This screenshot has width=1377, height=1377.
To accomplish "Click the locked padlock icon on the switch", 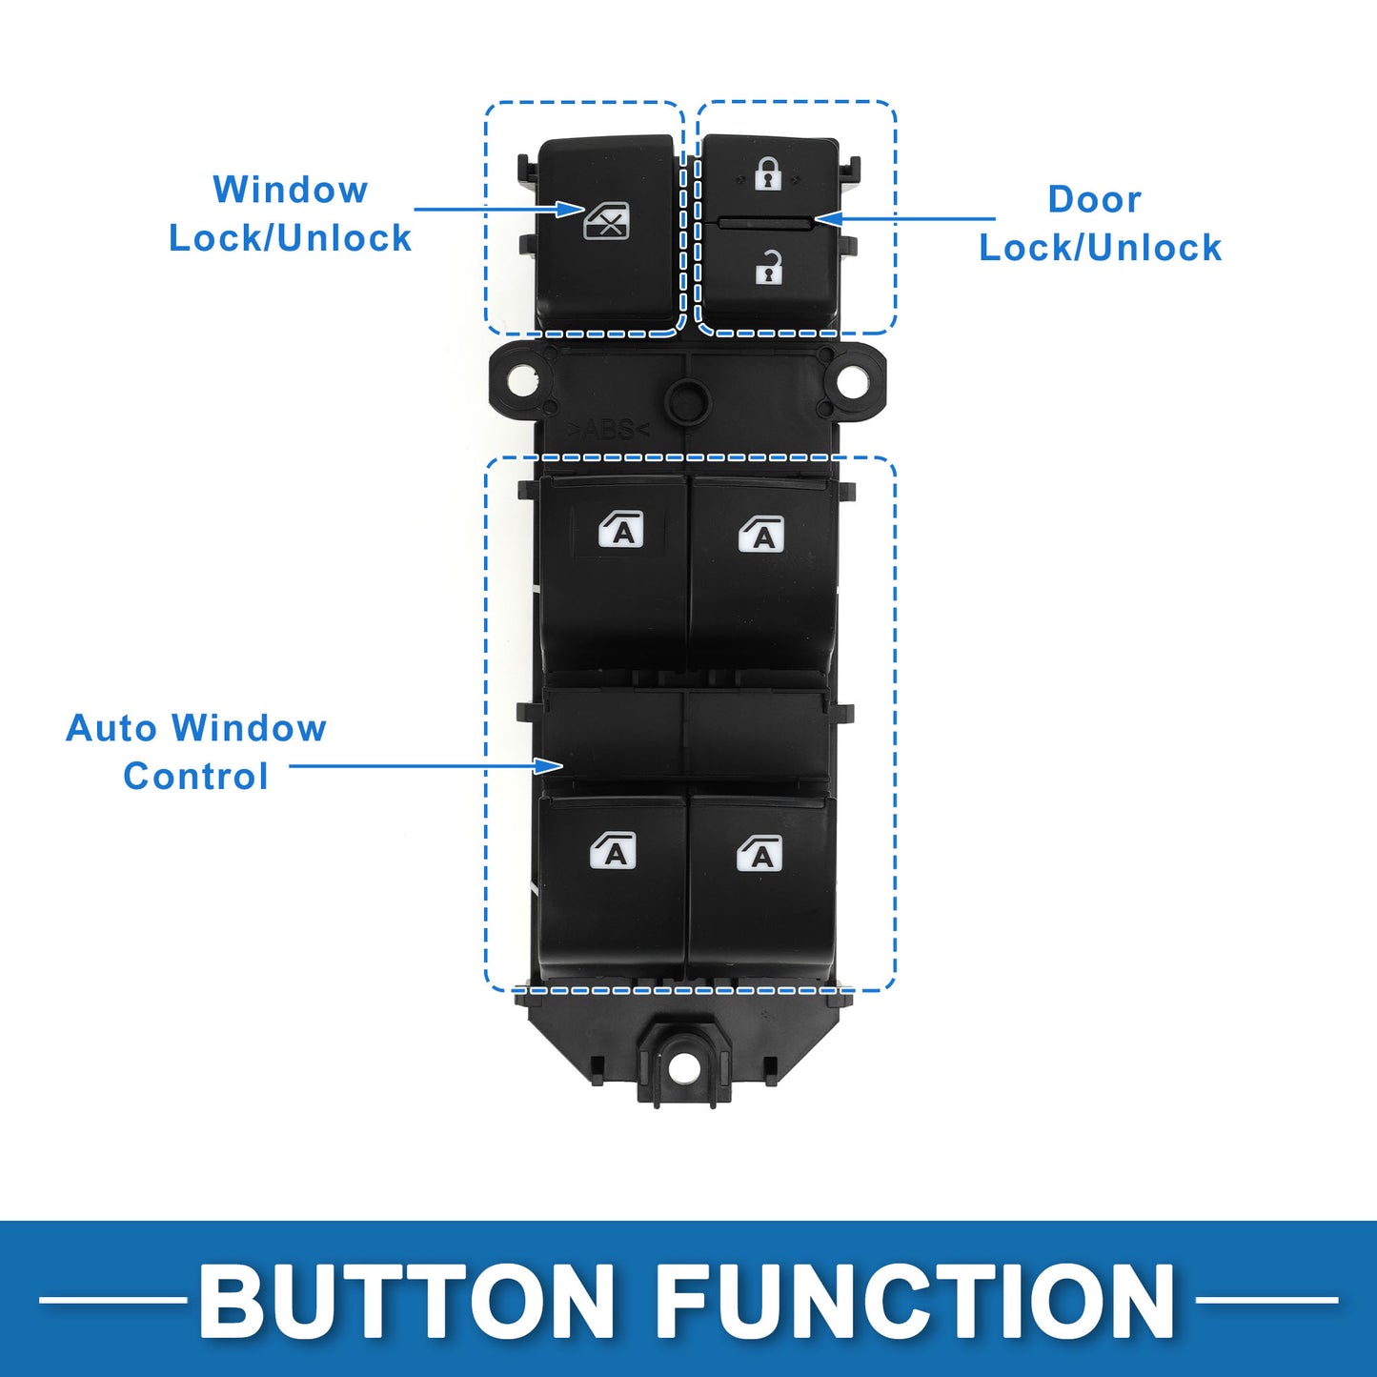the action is click(x=768, y=173).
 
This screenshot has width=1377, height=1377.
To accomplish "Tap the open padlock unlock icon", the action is click(x=769, y=267).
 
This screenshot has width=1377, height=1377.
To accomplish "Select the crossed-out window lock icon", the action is click(x=607, y=220).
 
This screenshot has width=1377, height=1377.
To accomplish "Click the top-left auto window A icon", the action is click(x=620, y=530).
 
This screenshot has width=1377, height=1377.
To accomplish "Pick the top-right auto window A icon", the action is click(x=761, y=534).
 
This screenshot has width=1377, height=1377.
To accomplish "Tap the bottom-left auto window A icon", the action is click(x=613, y=851).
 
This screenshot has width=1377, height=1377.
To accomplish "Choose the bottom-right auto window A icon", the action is click(x=759, y=853).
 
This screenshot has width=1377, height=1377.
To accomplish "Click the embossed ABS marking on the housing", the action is click(x=608, y=430).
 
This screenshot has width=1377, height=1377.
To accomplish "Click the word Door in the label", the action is click(x=1094, y=199).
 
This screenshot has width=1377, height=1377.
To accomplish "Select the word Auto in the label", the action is click(x=111, y=728).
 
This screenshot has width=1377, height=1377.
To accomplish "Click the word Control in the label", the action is click(x=195, y=776).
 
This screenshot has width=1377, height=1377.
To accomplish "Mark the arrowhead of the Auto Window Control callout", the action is click(x=550, y=765).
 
